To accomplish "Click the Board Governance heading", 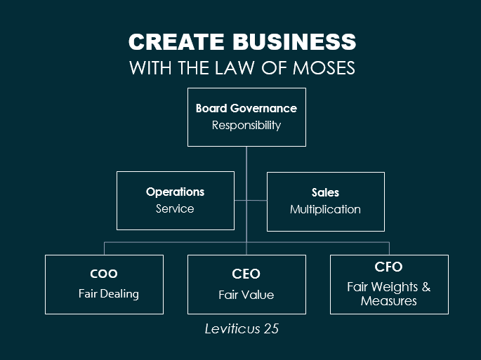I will (x=246, y=108).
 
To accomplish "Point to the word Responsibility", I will (x=246, y=126).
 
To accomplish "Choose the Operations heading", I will (x=176, y=192).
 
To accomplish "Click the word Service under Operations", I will (x=175, y=208).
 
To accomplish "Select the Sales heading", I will (x=325, y=192).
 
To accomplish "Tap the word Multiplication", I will (x=325, y=209).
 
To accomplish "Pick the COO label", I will (x=104, y=274).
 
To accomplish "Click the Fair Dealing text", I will (x=108, y=293).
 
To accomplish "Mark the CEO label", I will (x=246, y=274).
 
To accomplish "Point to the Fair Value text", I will (x=246, y=295).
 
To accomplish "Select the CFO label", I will (x=388, y=267).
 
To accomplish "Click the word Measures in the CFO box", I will (x=389, y=301).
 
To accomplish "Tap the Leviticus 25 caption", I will (x=242, y=328).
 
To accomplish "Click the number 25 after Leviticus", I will (x=271, y=328).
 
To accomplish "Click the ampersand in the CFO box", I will (x=426, y=287).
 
